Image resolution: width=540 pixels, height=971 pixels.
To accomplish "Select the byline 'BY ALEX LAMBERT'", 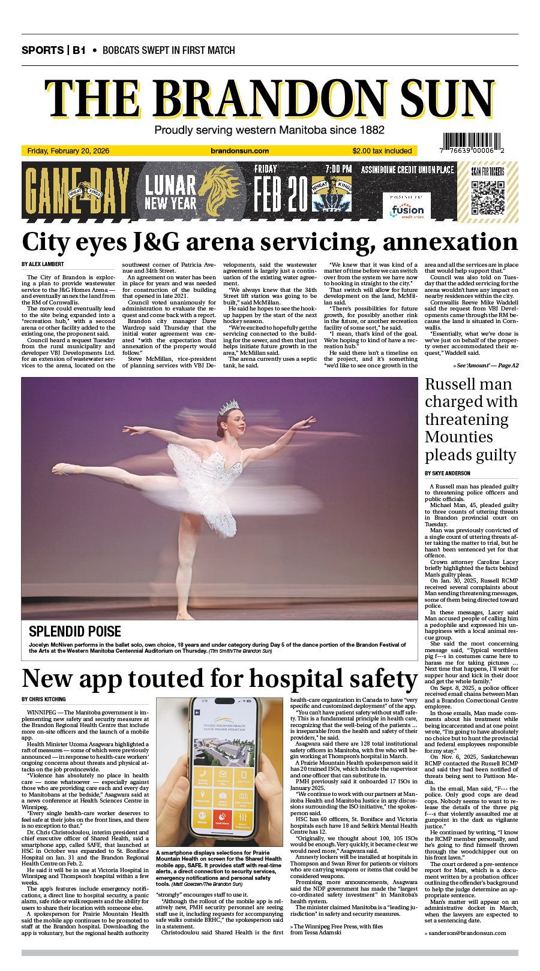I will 43,264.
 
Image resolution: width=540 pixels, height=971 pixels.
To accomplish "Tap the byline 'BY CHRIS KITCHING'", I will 44,699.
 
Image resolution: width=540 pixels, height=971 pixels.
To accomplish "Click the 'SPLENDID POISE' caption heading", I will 75,631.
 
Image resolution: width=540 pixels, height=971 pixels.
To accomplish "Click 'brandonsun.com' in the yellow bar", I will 240,151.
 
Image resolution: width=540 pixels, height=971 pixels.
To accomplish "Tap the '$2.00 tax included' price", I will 382,151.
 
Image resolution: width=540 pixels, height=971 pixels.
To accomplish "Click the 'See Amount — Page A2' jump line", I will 486,365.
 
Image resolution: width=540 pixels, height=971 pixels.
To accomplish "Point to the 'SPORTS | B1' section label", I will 53,50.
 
